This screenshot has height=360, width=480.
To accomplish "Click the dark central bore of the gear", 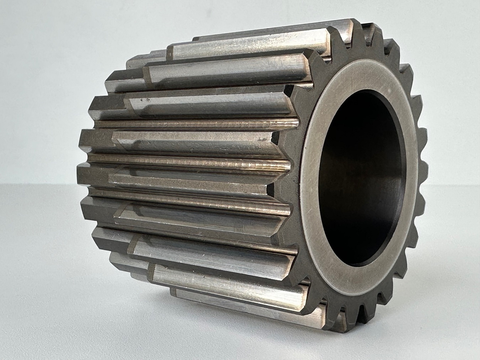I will pos(360,180).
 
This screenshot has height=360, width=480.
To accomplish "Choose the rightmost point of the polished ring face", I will pos(418,165).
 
